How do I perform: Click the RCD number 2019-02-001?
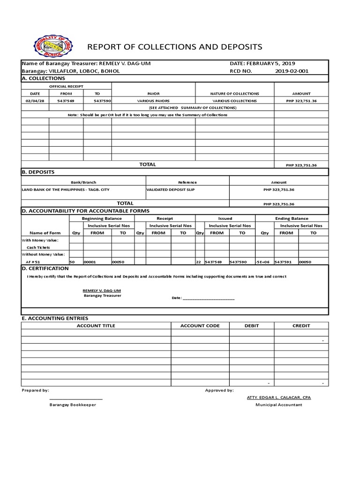point(292,71)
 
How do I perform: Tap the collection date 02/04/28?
point(35,101)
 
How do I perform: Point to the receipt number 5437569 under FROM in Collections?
point(66,101)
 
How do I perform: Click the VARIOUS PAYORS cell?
point(153,101)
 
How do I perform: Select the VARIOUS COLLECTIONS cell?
point(234,101)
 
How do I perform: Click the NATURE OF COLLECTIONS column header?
point(234,94)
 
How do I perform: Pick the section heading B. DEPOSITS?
point(38,172)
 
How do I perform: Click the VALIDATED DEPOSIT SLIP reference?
point(170,189)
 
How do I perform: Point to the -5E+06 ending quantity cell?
point(264,262)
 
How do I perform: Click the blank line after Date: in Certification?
point(208,298)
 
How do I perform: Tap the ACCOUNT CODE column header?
point(200,325)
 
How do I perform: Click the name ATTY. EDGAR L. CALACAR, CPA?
point(278,397)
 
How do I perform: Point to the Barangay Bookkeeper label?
point(73,405)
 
